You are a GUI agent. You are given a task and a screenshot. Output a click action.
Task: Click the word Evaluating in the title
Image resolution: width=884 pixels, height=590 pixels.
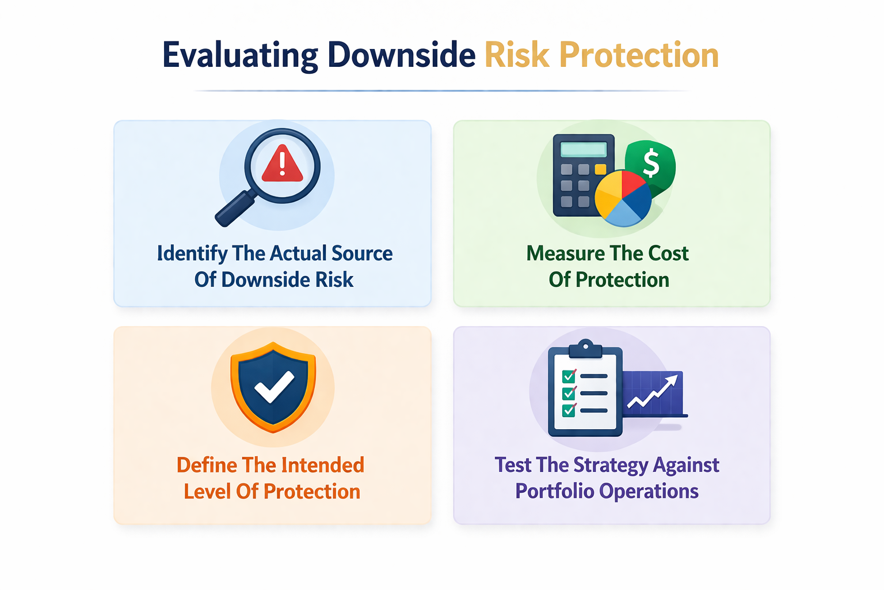coord(239,56)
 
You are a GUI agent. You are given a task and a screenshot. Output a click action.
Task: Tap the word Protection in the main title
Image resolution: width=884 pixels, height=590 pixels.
coord(639,56)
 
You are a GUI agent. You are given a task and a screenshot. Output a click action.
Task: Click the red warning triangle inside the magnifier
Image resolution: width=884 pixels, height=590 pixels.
coord(282,165)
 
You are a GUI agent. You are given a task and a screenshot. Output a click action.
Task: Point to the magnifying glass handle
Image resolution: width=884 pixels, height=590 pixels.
coord(235,209)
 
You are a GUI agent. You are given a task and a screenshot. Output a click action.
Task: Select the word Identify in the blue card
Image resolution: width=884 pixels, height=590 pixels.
coord(192,254)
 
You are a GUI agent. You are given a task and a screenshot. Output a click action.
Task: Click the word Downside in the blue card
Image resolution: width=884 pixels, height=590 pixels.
coord(258,280)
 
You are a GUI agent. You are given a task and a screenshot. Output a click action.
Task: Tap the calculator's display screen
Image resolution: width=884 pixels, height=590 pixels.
coord(583,150)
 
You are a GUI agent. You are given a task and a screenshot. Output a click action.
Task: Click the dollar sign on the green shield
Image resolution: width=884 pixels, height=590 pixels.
coord(651,163)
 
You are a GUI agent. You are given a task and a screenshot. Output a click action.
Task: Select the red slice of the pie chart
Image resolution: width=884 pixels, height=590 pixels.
coord(634,184)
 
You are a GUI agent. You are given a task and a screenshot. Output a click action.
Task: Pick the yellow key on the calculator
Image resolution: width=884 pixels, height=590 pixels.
coord(600,169)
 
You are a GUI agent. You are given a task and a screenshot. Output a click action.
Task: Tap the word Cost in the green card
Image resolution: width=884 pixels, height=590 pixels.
coord(668,254)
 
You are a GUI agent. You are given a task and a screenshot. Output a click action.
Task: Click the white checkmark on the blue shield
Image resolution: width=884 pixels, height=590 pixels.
coord(274,387)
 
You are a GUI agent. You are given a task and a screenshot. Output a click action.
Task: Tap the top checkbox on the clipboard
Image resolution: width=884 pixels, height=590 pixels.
coord(569,376)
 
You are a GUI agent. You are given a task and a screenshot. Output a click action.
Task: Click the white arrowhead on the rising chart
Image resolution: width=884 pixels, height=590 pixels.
coord(672,380)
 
